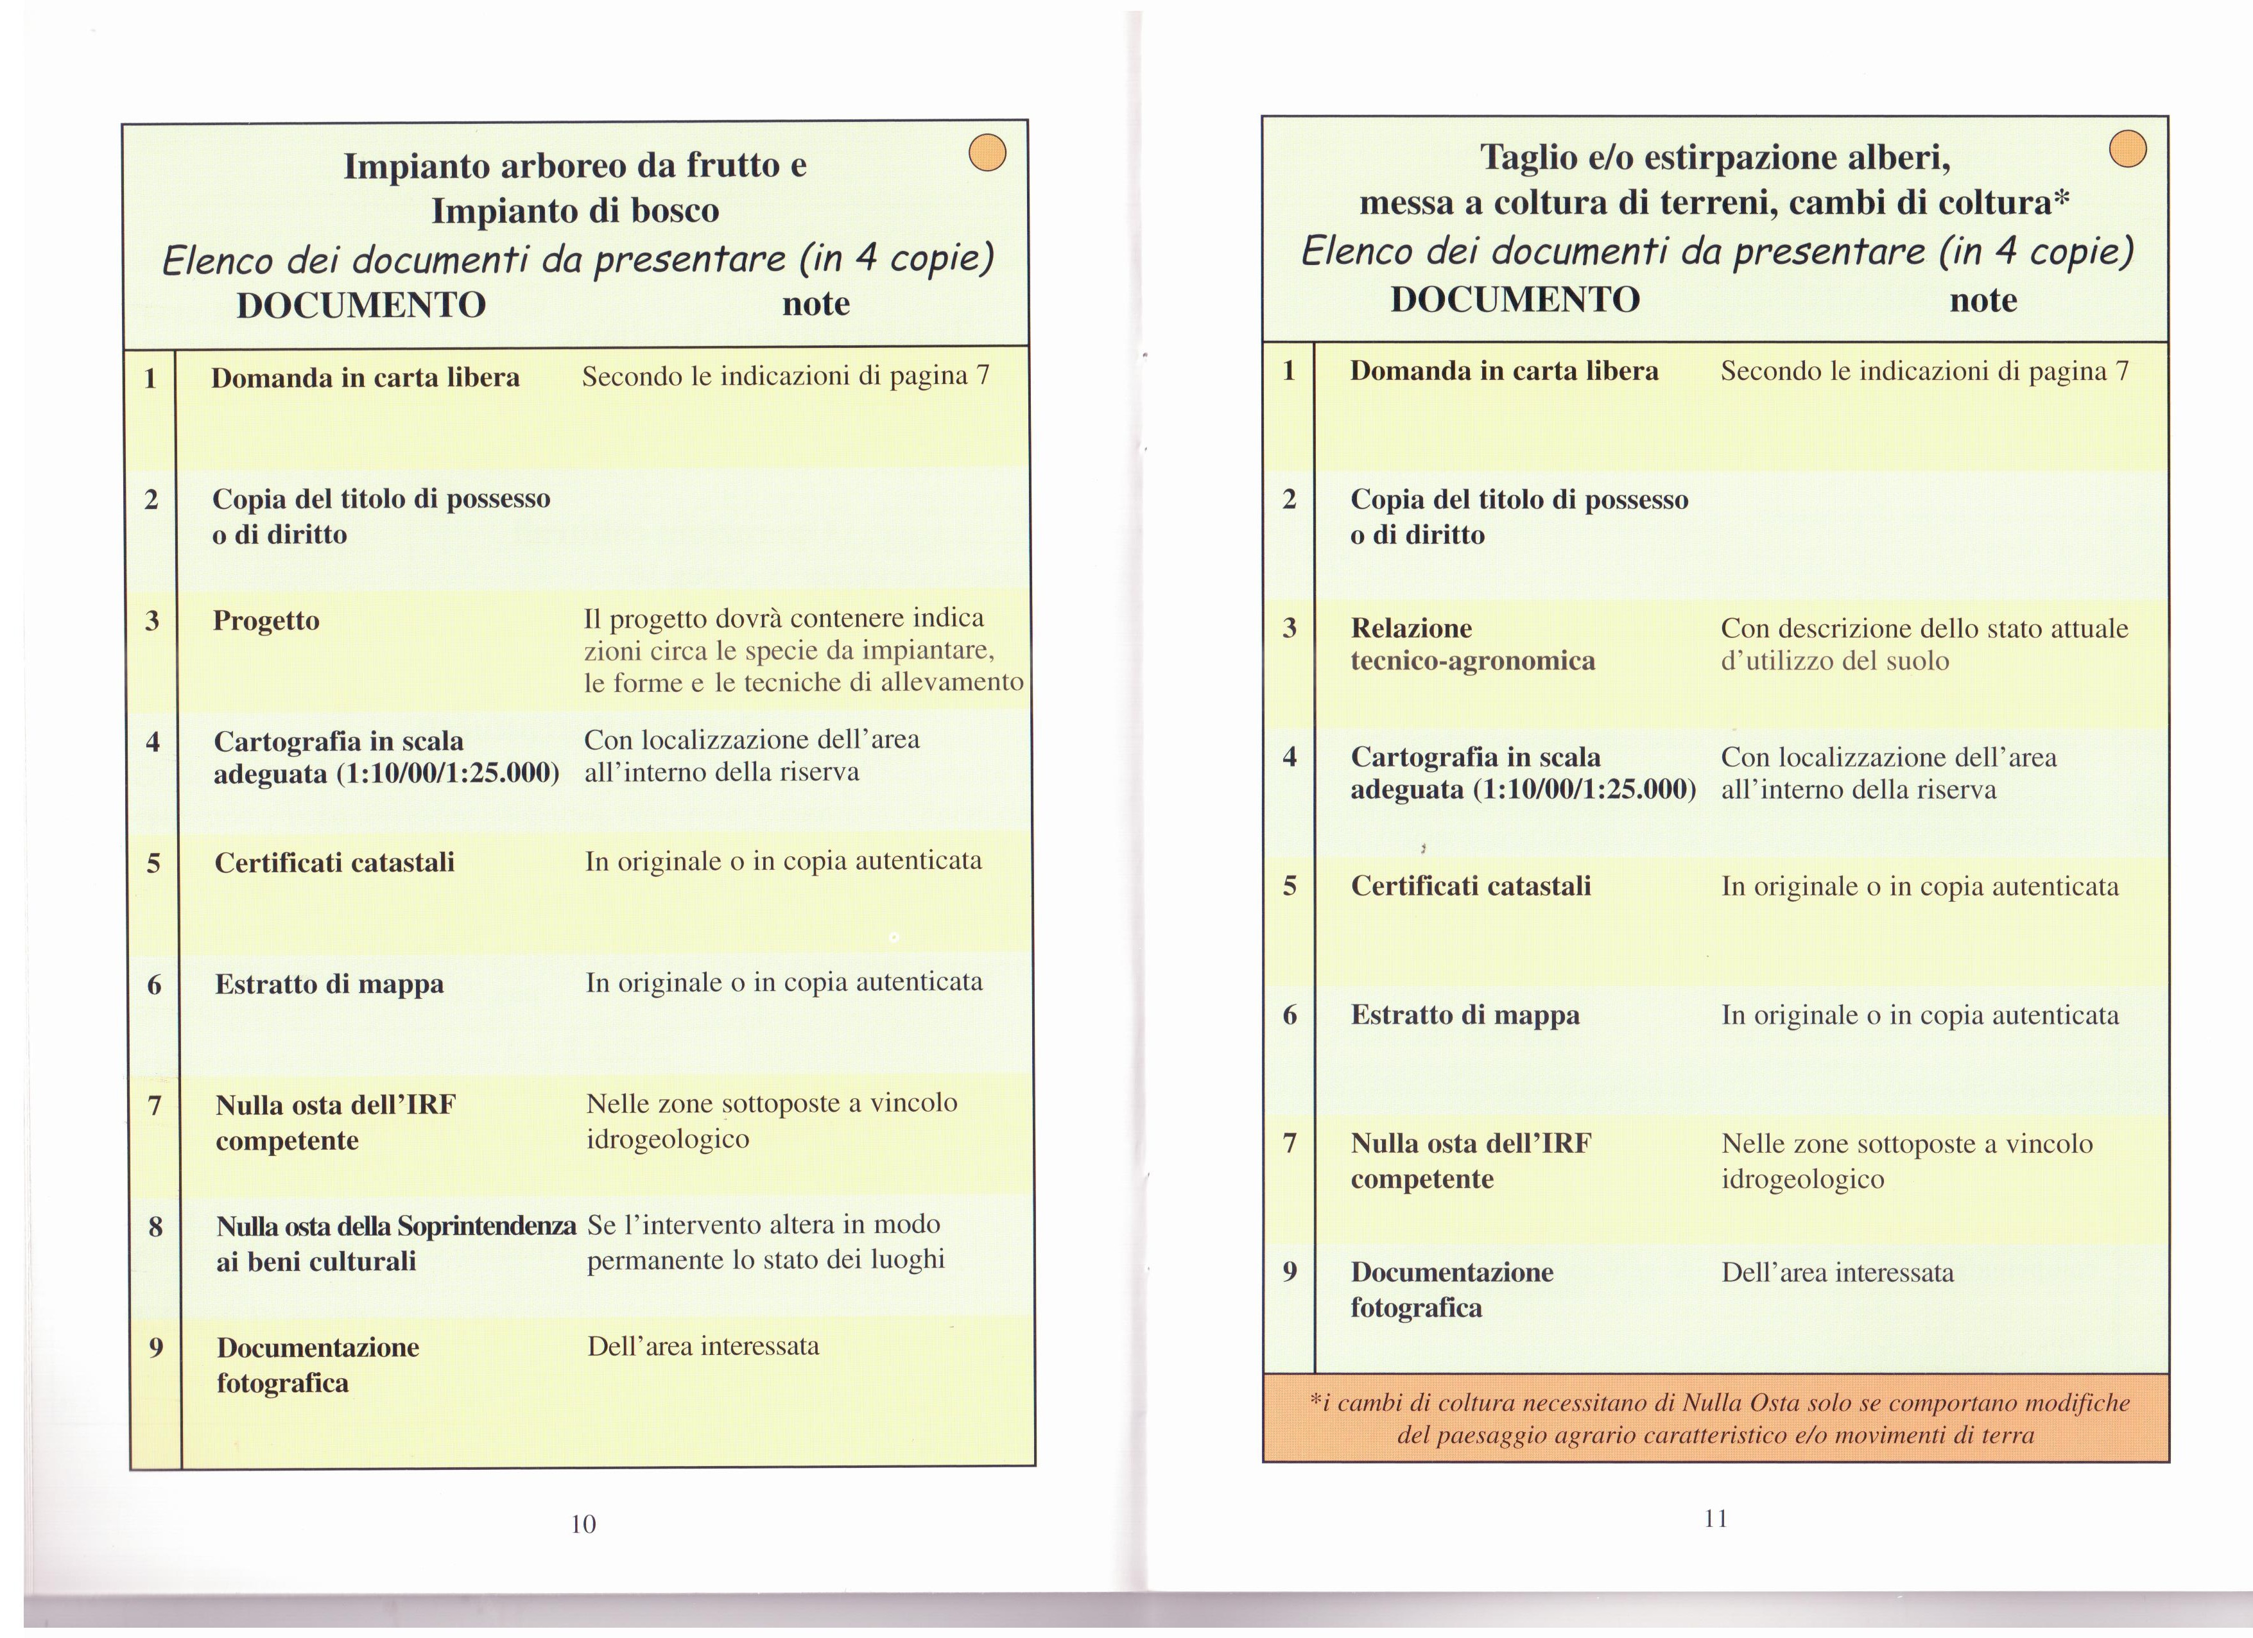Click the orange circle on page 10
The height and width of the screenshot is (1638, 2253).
(x=987, y=153)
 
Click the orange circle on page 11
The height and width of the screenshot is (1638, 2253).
(x=2127, y=149)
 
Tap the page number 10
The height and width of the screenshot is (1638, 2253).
(x=583, y=1524)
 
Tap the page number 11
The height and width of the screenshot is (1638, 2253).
(x=1716, y=1518)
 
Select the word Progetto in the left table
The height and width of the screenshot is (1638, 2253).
(x=266, y=621)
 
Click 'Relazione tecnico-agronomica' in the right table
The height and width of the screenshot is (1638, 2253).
(x=1472, y=644)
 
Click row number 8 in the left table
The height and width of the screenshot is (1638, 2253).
(x=155, y=1227)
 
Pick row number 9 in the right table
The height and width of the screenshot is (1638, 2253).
(x=1290, y=1272)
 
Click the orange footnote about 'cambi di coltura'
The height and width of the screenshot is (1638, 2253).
(x=1716, y=1418)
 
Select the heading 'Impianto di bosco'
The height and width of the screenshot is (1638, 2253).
(x=575, y=211)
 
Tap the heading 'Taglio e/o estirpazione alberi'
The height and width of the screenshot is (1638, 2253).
(x=1716, y=157)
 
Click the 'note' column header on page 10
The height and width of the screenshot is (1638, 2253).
(x=816, y=303)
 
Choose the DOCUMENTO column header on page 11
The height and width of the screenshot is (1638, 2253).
(x=1515, y=299)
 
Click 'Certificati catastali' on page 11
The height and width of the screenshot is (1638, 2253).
(x=1470, y=886)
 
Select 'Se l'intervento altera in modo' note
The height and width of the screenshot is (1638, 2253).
(x=763, y=1225)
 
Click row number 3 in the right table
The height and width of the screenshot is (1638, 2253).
(x=1290, y=628)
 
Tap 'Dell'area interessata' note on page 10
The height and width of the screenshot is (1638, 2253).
(x=704, y=1347)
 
